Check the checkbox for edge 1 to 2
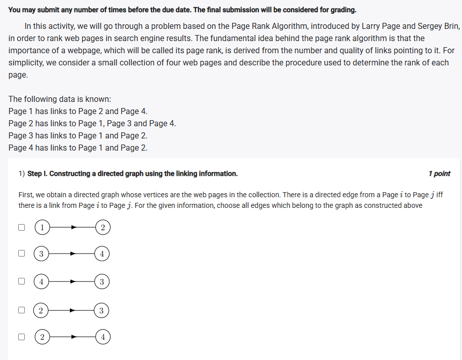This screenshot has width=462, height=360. (x=22, y=228)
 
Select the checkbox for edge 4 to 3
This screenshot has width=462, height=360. (x=22, y=280)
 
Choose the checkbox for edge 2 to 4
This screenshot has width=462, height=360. (x=22, y=336)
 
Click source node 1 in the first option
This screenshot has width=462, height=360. (x=43, y=228)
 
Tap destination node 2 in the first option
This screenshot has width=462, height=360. (x=103, y=228)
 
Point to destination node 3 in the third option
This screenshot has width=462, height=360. (x=102, y=282)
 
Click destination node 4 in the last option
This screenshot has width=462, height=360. (x=103, y=336)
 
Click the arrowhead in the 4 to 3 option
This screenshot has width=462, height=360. (x=73, y=282)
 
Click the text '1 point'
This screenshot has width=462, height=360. (x=439, y=173)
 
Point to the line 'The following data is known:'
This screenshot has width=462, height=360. (x=60, y=99)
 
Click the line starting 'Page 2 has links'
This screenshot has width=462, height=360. (x=92, y=123)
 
